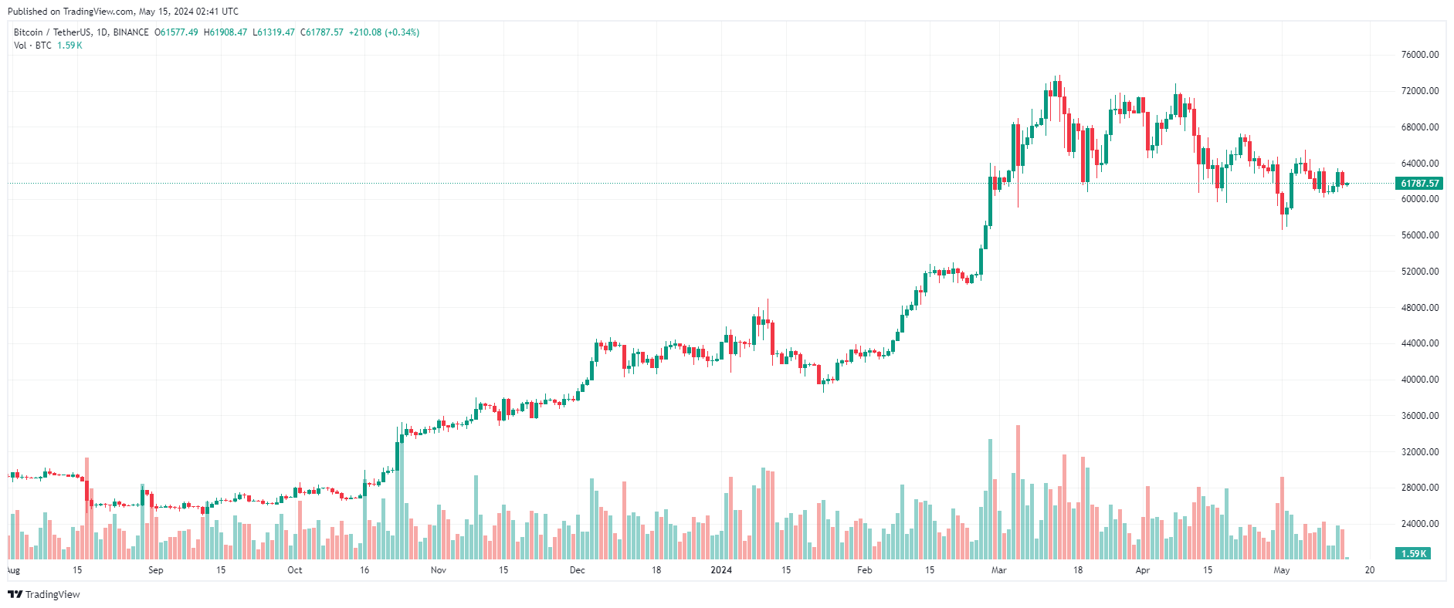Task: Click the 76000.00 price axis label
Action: click(1419, 55)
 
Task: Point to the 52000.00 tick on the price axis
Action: click(1419, 272)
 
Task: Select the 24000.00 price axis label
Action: click(1419, 524)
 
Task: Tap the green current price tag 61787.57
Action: click(1419, 184)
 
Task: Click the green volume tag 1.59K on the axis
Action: click(1413, 554)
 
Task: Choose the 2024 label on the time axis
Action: click(720, 571)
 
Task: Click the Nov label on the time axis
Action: click(438, 571)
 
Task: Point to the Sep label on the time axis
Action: click(155, 571)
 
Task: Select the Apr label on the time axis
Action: click(1142, 571)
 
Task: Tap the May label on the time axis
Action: click(1281, 571)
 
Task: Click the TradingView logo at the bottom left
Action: click(44, 595)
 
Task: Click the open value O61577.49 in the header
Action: click(176, 32)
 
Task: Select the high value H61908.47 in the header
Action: click(225, 32)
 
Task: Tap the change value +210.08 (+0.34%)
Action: click(384, 32)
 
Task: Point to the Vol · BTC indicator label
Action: click(32, 46)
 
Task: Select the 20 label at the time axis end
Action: click(1369, 571)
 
